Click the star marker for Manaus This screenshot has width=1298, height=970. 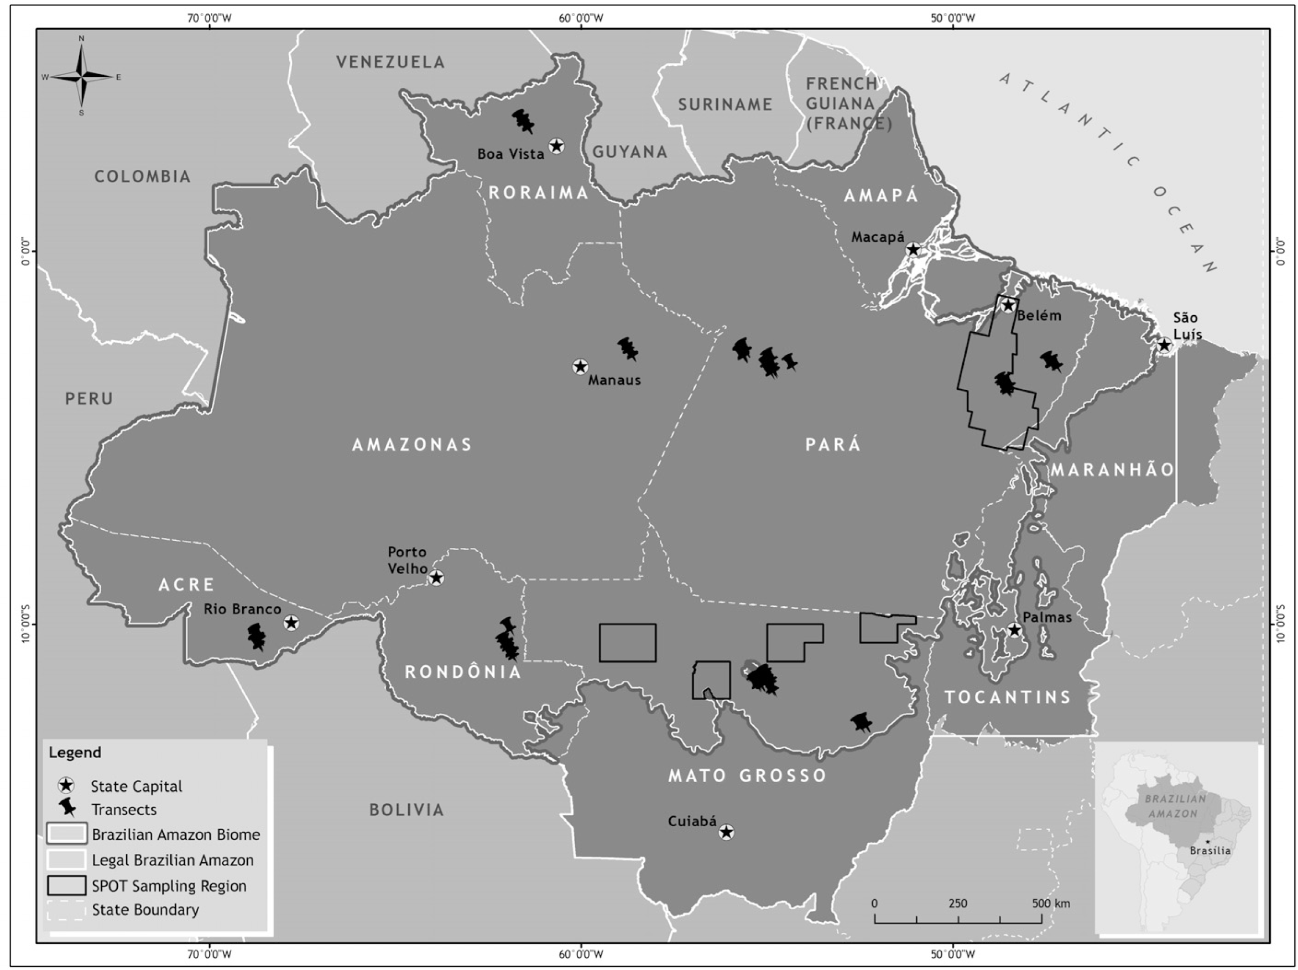click(x=580, y=367)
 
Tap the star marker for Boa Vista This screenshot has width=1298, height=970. click(x=556, y=145)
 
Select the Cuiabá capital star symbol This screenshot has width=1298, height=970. click(x=727, y=832)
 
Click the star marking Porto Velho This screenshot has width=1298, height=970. click(x=436, y=578)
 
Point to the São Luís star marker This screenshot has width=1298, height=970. click(x=1164, y=346)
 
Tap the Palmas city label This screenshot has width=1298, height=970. click(x=1047, y=617)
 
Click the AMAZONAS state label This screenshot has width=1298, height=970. click(x=412, y=445)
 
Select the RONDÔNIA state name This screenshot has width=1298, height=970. click(x=463, y=672)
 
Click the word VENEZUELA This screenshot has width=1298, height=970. click(x=390, y=62)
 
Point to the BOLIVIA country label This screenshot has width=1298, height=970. click(x=406, y=810)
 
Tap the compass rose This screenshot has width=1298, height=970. click(x=81, y=76)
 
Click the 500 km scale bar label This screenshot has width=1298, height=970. click(x=1051, y=903)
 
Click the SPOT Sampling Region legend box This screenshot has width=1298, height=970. click(x=66, y=885)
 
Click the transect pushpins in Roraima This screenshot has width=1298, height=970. click(x=522, y=121)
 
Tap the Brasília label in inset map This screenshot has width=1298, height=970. click(x=1210, y=851)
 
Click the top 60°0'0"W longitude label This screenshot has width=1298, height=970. click(x=580, y=18)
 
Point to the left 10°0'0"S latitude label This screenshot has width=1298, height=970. click(x=25, y=624)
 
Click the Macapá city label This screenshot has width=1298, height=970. click(x=877, y=237)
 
